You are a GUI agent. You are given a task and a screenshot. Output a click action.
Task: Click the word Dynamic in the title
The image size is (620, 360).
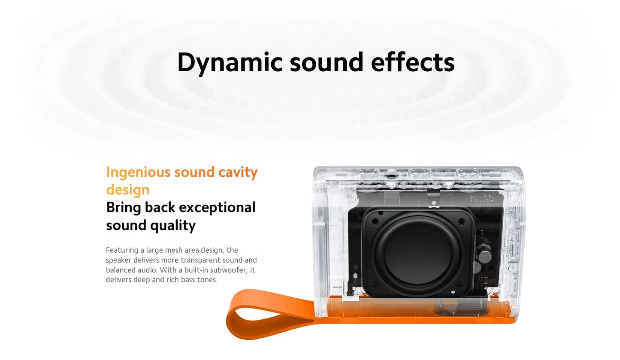pyautogui.click(x=230, y=62)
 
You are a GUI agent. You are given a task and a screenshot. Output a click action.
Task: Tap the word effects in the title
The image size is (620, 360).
pyautogui.click(x=412, y=62)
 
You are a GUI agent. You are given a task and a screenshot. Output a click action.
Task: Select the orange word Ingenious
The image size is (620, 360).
pyautogui.click(x=138, y=172)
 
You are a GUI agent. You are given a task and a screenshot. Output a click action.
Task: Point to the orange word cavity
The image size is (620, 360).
pyautogui.click(x=238, y=172)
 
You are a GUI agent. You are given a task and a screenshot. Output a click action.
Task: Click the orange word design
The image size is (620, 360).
pyautogui.click(x=127, y=190)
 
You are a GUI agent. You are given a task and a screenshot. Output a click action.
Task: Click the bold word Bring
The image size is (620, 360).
pyautogui.click(x=124, y=207)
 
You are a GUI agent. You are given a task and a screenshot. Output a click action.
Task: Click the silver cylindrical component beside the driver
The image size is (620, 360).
pyautogui.click(x=485, y=256)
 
